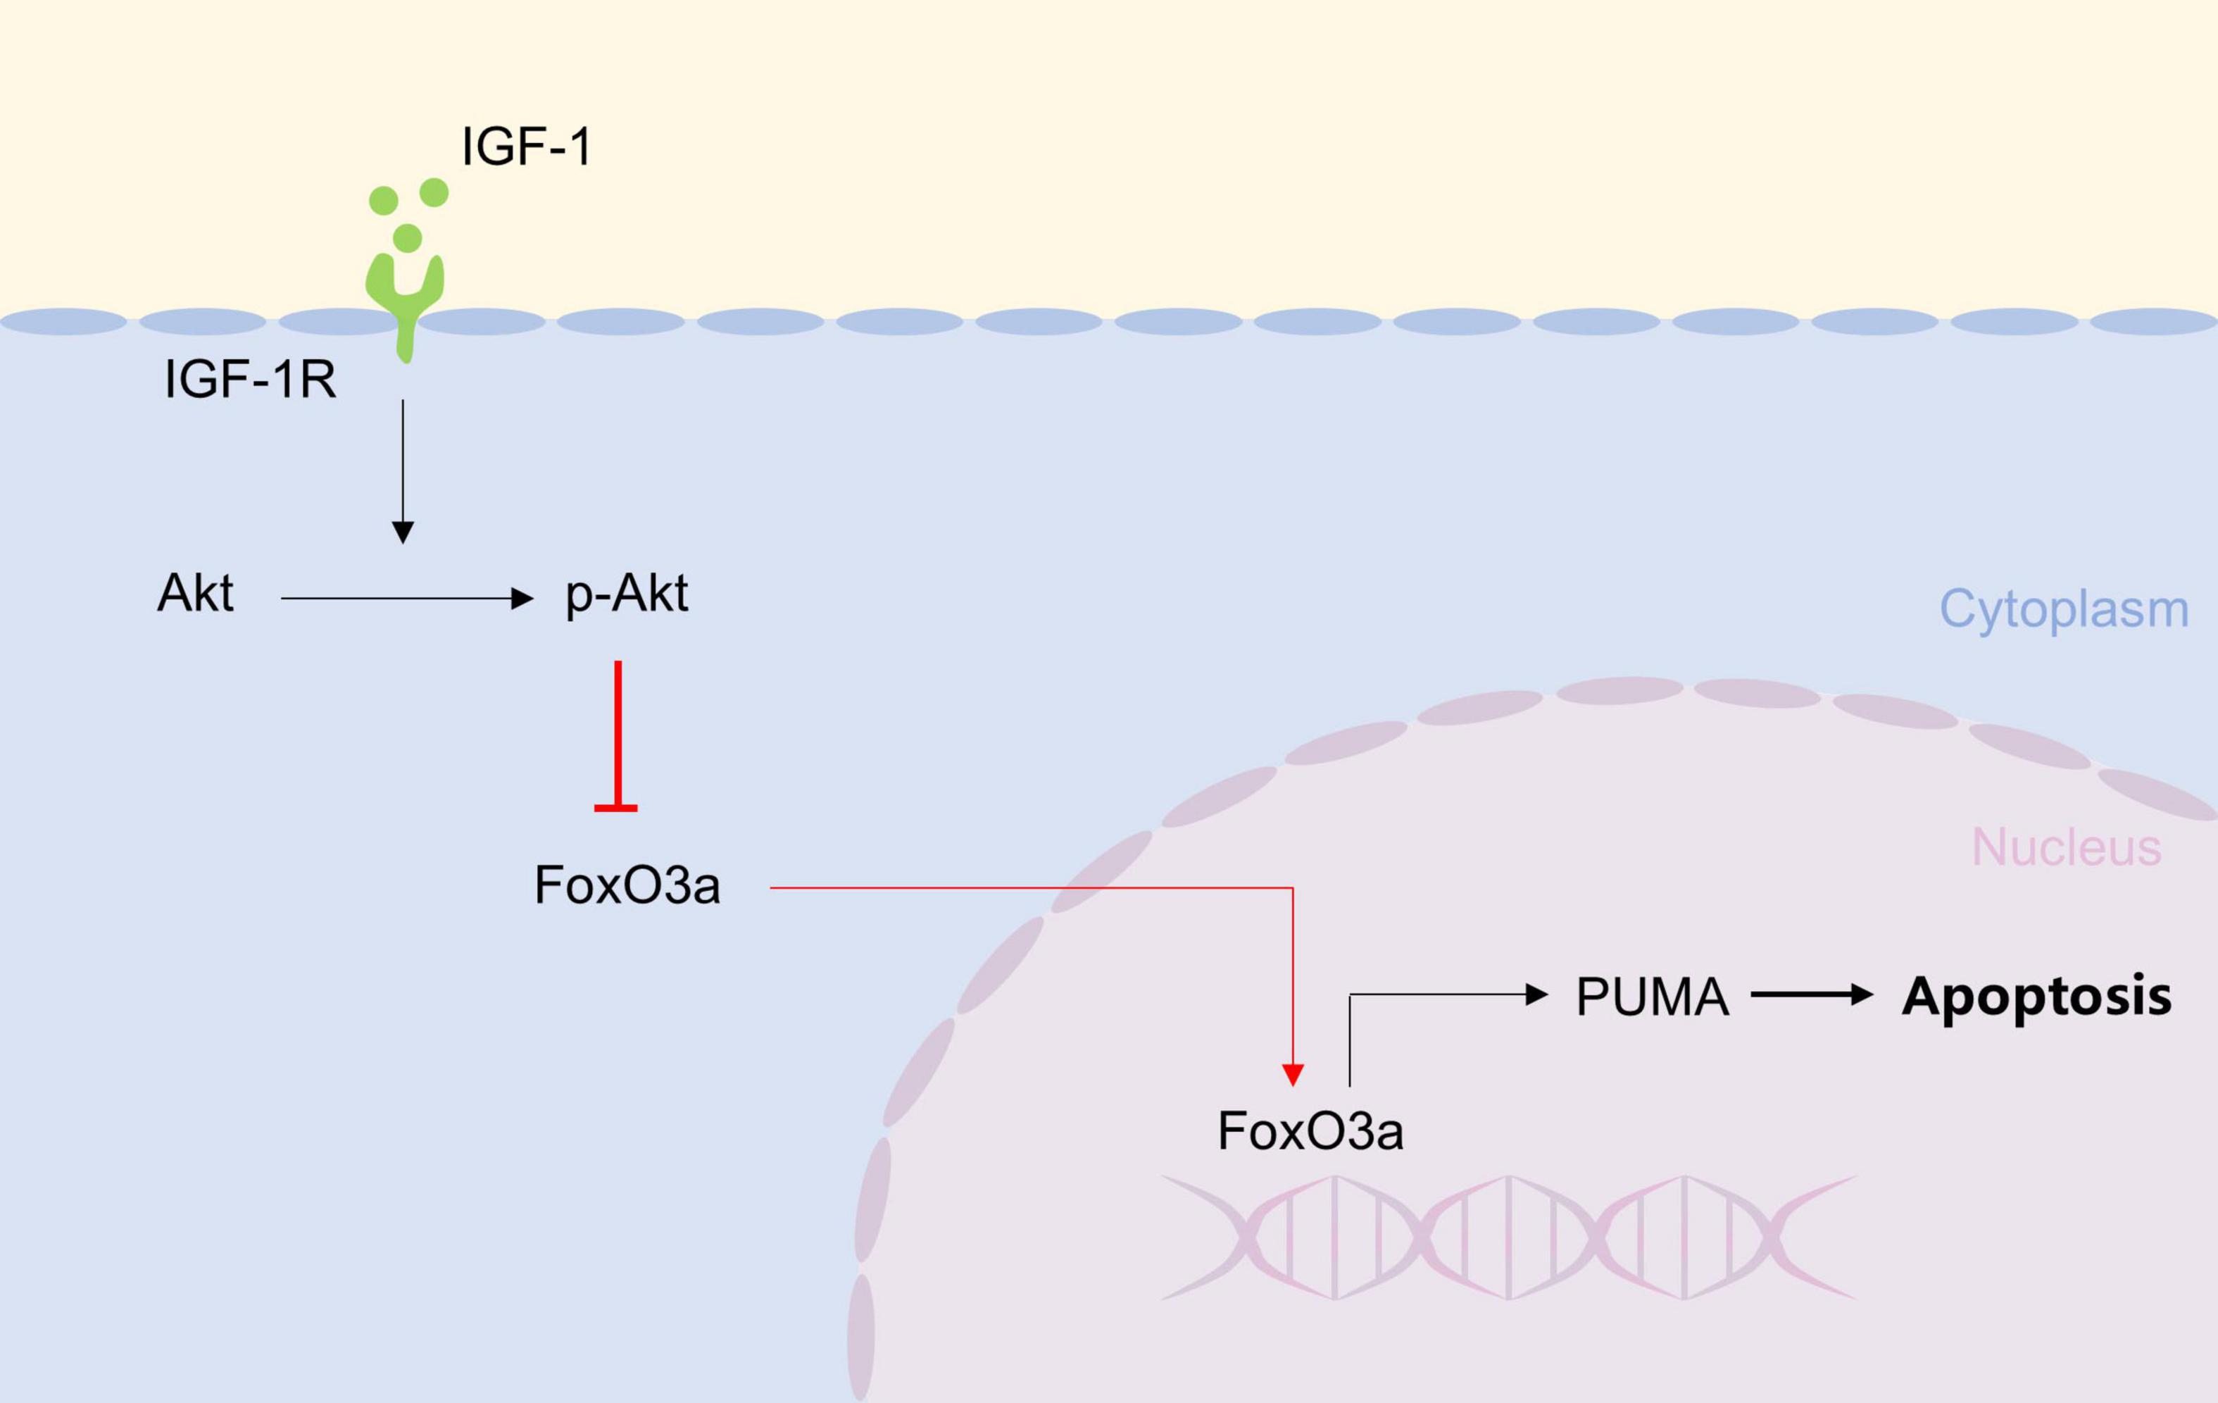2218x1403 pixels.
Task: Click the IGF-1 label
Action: click(x=526, y=146)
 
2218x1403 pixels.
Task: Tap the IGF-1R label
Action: click(x=250, y=379)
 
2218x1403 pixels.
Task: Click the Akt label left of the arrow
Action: click(x=195, y=592)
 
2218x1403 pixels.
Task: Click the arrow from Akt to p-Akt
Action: click(x=406, y=599)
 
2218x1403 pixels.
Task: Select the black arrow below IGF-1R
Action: click(x=403, y=470)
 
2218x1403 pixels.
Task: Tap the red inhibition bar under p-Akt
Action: click(x=617, y=737)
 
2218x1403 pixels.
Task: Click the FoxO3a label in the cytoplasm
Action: click(x=627, y=885)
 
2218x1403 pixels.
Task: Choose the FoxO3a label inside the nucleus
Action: click(x=1310, y=1130)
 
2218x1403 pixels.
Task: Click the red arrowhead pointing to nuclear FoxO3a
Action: click(x=1292, y=1074)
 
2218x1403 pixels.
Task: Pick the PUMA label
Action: click(x=1653, y=997)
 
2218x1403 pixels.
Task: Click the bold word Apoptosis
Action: click(x=2036, y=996)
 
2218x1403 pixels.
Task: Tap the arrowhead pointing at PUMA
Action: click(x=1536, y=994)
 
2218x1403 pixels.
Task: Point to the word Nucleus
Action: click(x=2066, y=847)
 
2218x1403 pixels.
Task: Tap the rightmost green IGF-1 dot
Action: click(x=434, y=192)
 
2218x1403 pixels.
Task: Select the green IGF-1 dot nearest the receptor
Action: click(x=407, y=237)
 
